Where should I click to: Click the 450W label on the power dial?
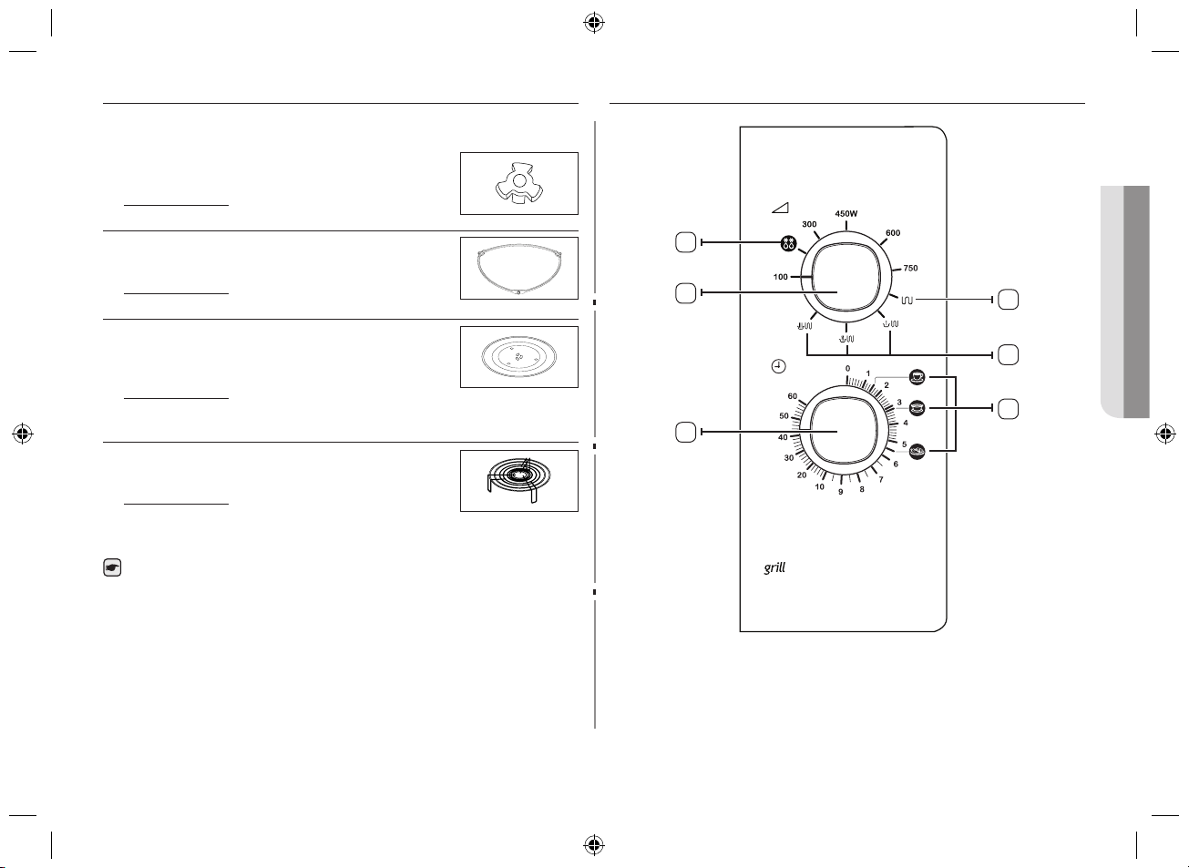point(846,214)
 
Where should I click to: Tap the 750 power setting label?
point(910,268)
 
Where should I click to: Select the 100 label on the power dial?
point(780,276)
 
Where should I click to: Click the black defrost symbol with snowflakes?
point(788,243)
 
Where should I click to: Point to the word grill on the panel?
point(774,567)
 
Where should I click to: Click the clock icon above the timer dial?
point(778,366)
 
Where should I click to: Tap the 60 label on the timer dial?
point(792,396)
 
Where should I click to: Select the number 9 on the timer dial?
point(840,492)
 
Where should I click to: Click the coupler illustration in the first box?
point(519,182)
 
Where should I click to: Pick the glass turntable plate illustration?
point(519,356)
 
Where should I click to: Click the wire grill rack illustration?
point(518,479)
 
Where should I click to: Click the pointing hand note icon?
point(112,567)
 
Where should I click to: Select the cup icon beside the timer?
point(917,377)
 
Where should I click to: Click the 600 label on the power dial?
point(893,233)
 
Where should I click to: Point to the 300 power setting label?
point(809,224)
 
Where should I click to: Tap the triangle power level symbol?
point(780,208)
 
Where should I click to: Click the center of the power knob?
point(846,277)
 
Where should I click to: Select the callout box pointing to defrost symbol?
point(685,242)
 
